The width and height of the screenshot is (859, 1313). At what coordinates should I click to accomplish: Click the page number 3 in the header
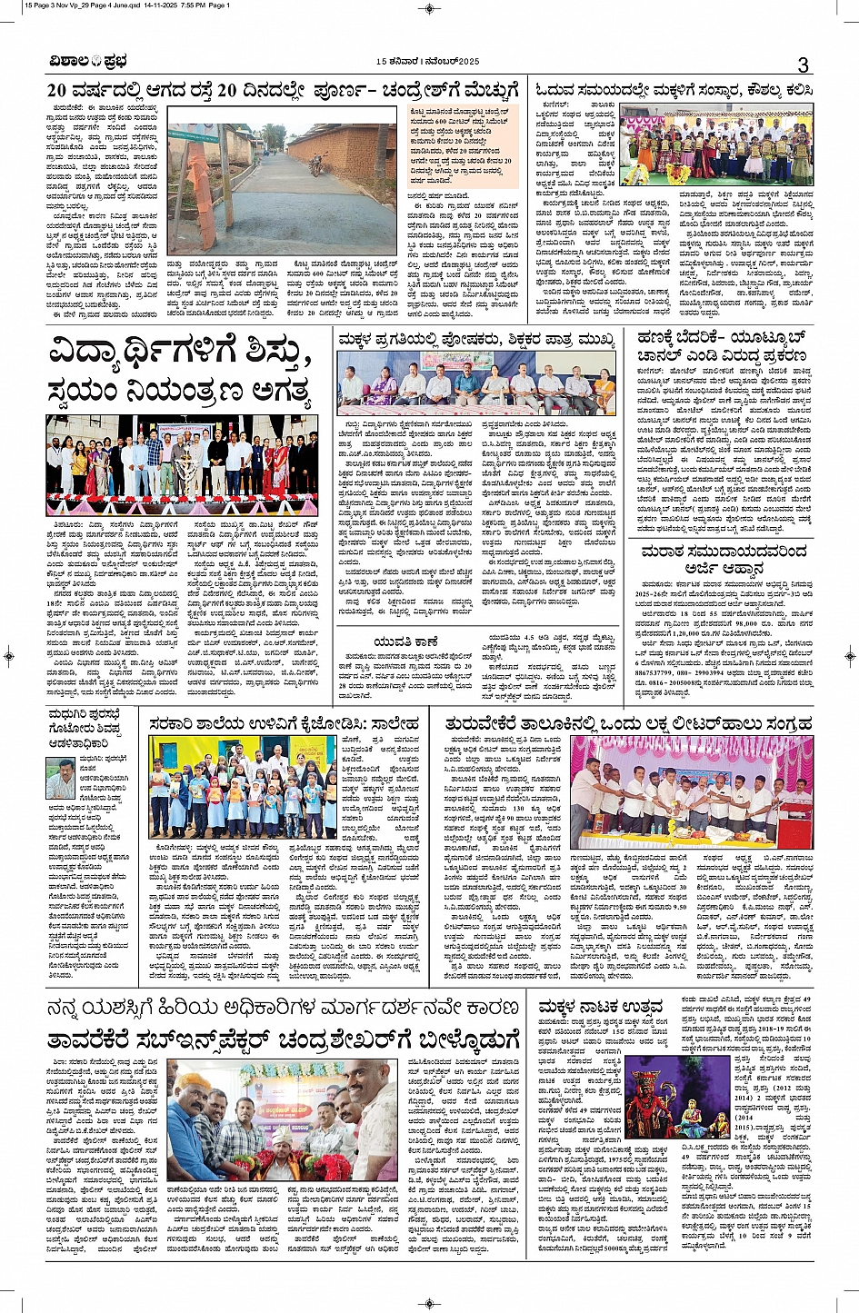click(x=803, y=64)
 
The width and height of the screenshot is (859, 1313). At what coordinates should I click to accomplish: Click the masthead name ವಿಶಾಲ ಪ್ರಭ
click(x=89, y=62)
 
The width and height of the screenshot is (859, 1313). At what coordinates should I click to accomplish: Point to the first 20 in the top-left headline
click(x=58, y=90)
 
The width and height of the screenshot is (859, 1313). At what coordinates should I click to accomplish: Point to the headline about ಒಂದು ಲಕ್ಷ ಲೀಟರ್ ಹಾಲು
click(x=627, y=723)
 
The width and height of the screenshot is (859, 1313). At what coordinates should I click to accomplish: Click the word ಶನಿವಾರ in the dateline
click(x=406, y=61)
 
